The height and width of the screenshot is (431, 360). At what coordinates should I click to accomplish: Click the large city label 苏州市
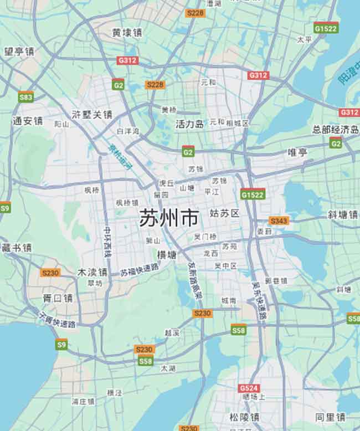(x=168, y=218)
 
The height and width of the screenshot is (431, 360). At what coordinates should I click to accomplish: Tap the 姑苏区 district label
(x=224, y=213)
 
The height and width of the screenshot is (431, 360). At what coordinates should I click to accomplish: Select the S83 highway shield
(x=25, y=98)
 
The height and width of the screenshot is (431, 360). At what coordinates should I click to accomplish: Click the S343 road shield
(x=279, y=220)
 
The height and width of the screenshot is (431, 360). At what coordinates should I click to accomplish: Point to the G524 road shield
(x=249, y=388)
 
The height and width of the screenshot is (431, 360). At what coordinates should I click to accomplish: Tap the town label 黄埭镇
(x=127, y=33)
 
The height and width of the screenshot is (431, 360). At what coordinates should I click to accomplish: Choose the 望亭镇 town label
(x=19, y=52)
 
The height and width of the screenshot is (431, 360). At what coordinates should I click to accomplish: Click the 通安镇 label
(x=28, y=121)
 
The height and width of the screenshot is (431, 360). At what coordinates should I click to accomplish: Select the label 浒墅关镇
(x=92, y=115)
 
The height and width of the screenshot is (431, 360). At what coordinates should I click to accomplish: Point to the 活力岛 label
(x=189, y=124)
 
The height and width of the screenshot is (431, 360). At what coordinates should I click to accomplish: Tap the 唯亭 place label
(x=297, y=152)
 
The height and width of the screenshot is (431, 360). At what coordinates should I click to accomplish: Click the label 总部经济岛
(x=336, y=130)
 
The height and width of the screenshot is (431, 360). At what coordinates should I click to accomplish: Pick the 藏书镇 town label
(x=17, y=248)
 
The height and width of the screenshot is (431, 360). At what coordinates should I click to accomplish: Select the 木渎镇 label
(x=92, y=272)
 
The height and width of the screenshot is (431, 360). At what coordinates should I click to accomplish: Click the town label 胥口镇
(x=58, y=298)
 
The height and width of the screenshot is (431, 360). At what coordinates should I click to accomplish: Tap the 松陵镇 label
(x=244, y=417)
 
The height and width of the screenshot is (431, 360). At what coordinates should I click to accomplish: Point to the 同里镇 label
(x=330, y=417)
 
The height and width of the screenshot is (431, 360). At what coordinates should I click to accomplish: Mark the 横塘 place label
(x=166, y=255)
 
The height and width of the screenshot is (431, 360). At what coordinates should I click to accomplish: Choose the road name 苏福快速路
(x=139, y=269)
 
